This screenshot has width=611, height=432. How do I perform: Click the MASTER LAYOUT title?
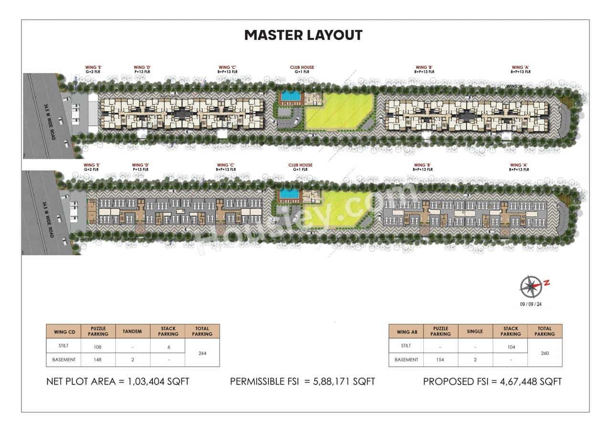(x=303, y=35)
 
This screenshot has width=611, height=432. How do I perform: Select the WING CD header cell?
(x=63, y=331)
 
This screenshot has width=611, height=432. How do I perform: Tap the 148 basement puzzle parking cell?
(x=98, y=359)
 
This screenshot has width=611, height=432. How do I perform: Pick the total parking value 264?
(x=202, y=353)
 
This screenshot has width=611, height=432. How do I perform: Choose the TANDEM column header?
(x=133, y=331)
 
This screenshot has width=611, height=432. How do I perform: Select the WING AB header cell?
(x=406, y=331)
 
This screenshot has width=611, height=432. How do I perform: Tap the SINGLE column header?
(x=475, y=331)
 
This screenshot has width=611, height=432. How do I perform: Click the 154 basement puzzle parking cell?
(x=441, y=359)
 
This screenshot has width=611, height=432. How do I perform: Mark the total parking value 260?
(x=545, y=353)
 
